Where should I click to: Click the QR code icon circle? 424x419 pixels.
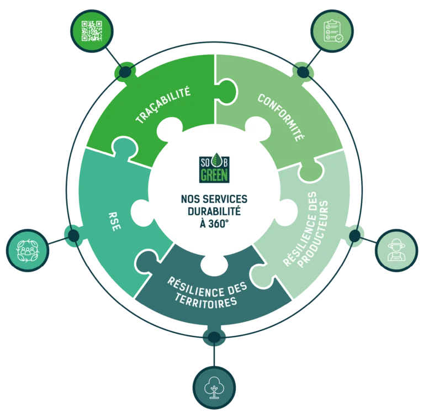click(92, 31)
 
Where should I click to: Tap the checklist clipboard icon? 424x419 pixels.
click(332, 31)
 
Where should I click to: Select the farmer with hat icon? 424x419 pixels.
click(397, 250)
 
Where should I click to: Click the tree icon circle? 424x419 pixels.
click(214, 388)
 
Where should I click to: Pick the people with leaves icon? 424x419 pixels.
click(28, 250)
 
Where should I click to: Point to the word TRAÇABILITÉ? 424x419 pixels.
click(163, 105)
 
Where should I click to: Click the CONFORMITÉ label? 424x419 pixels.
click(280, 118)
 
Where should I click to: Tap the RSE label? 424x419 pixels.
click(115, 221)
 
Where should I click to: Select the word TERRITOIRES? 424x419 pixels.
click(206, 301)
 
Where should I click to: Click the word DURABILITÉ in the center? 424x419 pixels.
click(214, 211)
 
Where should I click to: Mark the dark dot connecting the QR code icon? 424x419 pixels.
click(125, 72)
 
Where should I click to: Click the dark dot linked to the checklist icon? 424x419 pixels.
click(303, 72)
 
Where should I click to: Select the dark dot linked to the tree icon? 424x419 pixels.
click(214, 337)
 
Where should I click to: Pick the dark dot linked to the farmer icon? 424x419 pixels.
click(355, 236)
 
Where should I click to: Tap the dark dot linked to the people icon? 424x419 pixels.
click(73, 236)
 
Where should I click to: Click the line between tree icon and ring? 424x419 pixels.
click(214, 355)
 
